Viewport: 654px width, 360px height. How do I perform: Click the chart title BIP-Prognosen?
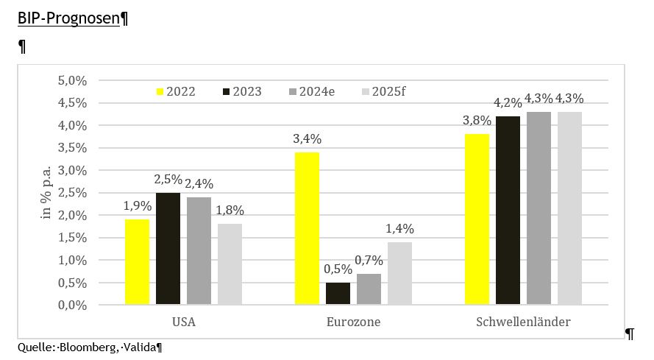coord(68,18)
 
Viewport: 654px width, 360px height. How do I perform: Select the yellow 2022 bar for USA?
coord(137,261)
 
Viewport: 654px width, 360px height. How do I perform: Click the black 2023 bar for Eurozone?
coord(338,293)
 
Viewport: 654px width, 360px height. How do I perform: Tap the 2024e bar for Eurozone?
coord(369,289)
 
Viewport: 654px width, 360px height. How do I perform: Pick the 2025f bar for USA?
coord(230,264)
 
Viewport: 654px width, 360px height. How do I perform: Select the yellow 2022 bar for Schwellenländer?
coord(477,219)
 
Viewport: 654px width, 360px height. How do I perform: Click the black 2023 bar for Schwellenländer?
coord(508,210)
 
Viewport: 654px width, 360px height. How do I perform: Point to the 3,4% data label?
coord(307,139)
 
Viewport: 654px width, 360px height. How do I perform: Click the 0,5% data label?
coord(338,269)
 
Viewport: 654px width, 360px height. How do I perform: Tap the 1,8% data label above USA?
coord(230,211)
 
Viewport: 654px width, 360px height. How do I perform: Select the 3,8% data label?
coord(477,121)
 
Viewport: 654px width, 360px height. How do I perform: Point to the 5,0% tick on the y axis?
coord(72,80)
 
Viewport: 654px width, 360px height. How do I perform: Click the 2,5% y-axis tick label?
coord(72,193)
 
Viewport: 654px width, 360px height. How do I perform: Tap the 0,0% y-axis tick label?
coord(72,305)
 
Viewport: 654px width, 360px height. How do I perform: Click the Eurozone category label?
coord(353,322)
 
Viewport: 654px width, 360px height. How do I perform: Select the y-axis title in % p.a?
coord(44,193)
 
